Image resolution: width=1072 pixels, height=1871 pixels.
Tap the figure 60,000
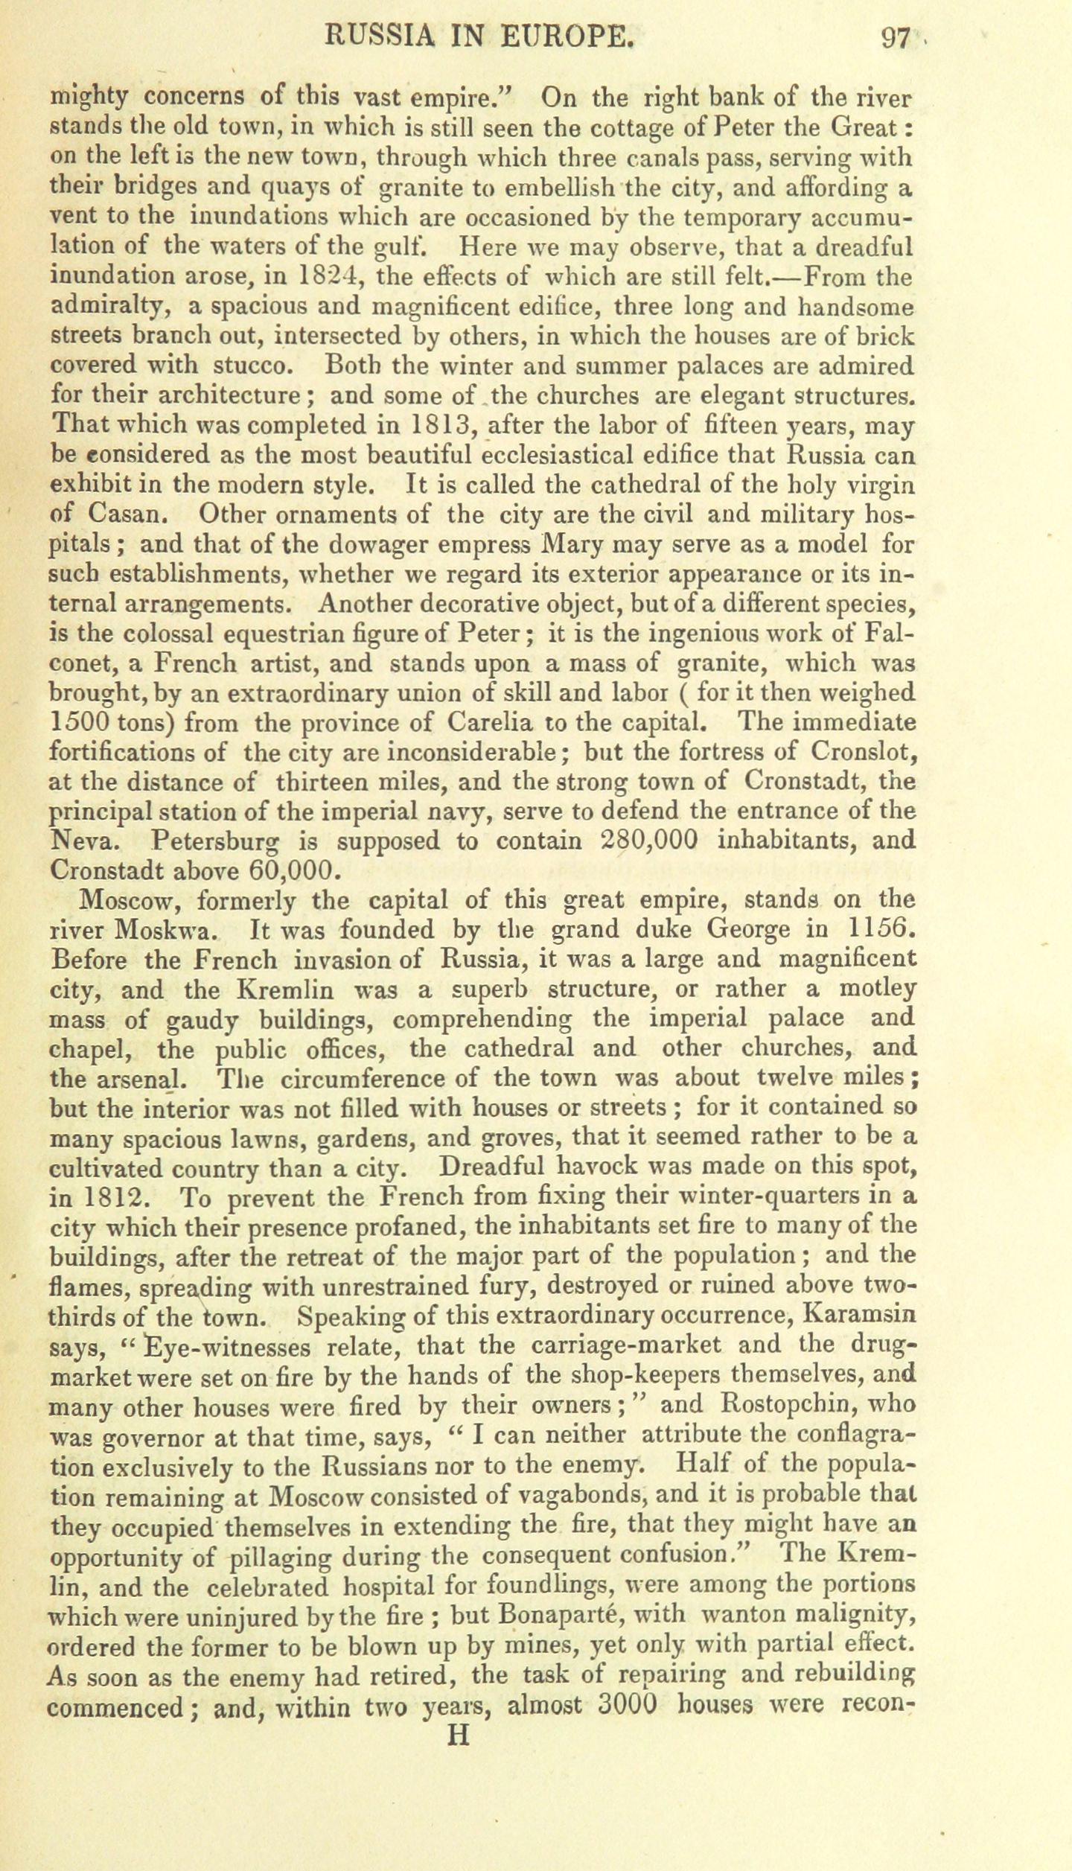coord(276,870)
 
